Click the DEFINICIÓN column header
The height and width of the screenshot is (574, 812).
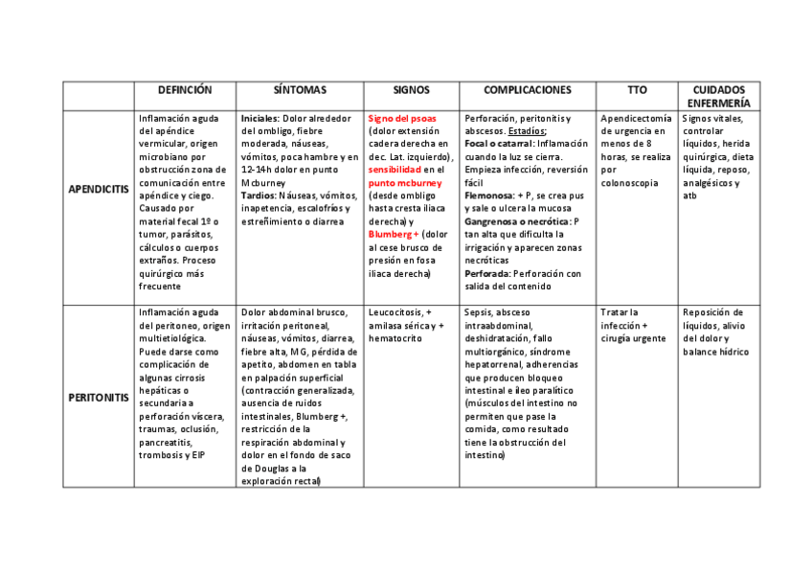click(x=185, y=90)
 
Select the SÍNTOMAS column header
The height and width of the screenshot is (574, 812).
click(x=299, y=90)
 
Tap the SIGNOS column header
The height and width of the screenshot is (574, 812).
click(x=411, y=90)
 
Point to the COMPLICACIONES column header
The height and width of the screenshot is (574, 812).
click(x=527, y=90)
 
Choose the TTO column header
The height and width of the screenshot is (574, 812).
click(x=637, y=90)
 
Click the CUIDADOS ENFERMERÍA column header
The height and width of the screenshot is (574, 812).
click(x=718, y=96)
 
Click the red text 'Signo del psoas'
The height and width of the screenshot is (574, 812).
click(x=402, y=119)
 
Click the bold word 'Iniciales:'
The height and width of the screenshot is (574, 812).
click(x=260, y=119)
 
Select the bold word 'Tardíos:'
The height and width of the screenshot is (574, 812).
click(x=260, y=195)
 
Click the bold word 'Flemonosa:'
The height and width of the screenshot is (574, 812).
click(x=488, y=195)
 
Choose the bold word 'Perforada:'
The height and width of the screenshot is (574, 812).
click(x=487, y=273)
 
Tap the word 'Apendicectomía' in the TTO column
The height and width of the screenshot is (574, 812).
click(x=635, y=119)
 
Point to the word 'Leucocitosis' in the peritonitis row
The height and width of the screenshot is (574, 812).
click(x=395, y=312)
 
